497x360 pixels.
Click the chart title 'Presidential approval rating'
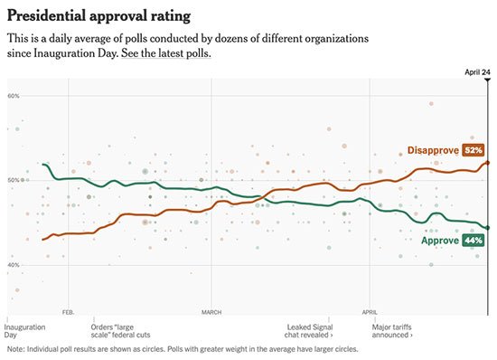pyautogui.click(x=98, y=16)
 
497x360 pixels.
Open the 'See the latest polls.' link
pyautogui.click(x=165, y=53)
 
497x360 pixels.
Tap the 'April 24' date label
pyautogui.click(x=477, y=72)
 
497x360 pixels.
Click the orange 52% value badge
pyautogui.click(x=474, y=150)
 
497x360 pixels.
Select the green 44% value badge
pyautogui.click(x=474, y=240)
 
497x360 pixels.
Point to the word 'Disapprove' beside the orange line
pyautogui.click(x=433, y=150)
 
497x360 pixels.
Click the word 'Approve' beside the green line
pyautogui.click(x=440, y=240)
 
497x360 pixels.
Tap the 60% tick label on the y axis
pyautogui.click(x=14, y=96)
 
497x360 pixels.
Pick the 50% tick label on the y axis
pyautogui.click(x=14, y=180)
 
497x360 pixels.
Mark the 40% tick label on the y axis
pyautogui.click(x=14, y=265)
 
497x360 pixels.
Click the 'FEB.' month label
pyautogui.click(x=68, y=312)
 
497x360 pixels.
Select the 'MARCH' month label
pyautogui.click(x=211, y=312)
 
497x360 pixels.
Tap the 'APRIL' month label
pyautogui.click(x=370, y=312)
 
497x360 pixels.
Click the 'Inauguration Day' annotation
pyautogui.click(x=24, y=331)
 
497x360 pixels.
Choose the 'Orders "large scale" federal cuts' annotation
pyautogui.click(x=120, y=331)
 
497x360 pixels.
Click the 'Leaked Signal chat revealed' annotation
pyautogui.click(x=309, y=331)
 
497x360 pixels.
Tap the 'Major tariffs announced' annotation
pyautogui.click(x=392, y=331)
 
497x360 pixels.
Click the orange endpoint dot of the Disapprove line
pyautogui.click(x=487, y=163)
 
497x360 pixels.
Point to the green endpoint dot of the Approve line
pyautogui.click(x=487, y=228)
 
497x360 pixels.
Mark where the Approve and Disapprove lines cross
pyautogui.click(x=262, y=197)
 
